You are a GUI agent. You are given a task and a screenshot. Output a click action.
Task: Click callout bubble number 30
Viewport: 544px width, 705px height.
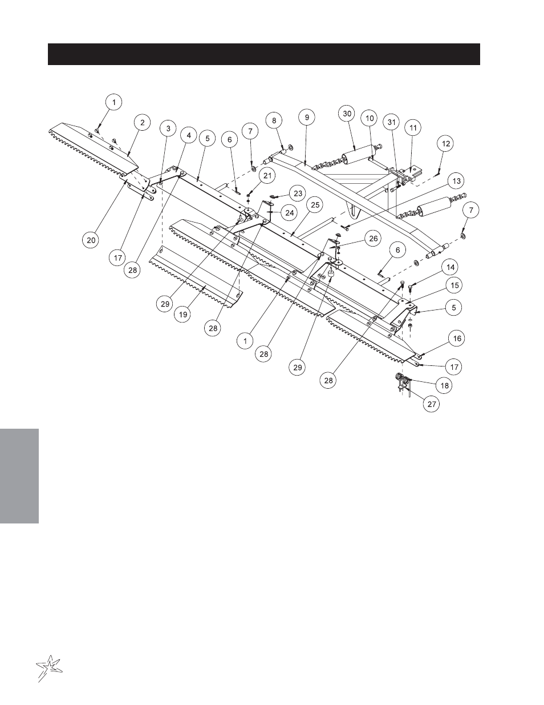347,114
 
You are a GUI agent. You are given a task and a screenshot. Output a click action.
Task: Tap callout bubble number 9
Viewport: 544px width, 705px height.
307,117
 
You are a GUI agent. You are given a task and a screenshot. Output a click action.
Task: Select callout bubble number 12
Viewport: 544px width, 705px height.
446,143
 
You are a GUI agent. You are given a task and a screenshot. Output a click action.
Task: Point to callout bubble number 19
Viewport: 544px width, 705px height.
182,315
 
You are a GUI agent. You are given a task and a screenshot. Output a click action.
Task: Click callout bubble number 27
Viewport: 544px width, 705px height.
432,404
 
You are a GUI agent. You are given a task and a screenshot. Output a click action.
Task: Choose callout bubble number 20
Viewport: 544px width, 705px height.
91,240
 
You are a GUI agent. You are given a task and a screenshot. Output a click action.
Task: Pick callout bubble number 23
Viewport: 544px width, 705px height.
298,194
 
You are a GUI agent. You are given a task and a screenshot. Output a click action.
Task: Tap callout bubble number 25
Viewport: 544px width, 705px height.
315,205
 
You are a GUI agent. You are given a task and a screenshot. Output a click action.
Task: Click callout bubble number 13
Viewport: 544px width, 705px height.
456,181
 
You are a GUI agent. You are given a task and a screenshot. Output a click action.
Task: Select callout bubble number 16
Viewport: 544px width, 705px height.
457,339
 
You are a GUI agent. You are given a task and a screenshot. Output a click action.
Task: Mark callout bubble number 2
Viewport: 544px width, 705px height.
142,123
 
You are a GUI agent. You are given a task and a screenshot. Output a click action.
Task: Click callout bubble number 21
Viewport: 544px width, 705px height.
267,176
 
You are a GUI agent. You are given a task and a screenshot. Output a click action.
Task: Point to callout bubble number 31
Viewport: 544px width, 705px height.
391,122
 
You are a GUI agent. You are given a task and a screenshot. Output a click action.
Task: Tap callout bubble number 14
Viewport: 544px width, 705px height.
450,267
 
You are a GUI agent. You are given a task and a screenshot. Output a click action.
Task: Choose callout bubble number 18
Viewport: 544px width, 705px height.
444,385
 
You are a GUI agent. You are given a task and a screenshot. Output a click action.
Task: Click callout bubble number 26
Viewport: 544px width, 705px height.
374,239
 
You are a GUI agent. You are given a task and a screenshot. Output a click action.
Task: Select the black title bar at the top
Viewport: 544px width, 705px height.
264,54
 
